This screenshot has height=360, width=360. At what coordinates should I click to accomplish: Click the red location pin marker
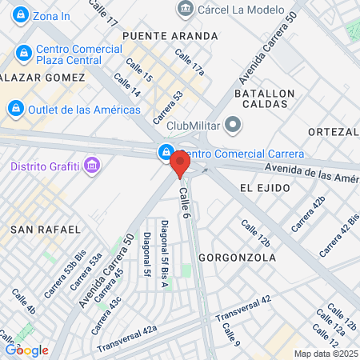coord(179,165)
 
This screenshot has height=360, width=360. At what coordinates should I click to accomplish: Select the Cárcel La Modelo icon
coord(186,9)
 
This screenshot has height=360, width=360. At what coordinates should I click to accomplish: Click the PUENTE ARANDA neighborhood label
coord(170,36)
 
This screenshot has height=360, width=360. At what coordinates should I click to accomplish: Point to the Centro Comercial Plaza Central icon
coord(23,53)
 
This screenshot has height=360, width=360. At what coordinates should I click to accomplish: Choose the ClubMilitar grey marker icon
coord(233,124)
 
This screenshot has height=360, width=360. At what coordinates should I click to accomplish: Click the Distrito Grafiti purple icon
coord(93,166)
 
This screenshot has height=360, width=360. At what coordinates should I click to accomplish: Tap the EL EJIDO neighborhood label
coord(262,186)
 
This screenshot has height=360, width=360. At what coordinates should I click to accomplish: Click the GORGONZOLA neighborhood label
coord(236,258)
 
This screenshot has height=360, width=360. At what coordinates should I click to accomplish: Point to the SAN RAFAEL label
coord(46,230)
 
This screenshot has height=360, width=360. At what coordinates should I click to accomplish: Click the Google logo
coord(26,350)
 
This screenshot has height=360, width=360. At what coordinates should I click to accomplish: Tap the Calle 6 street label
coord(186,200)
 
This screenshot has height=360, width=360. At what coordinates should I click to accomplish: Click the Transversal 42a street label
coord(127,339)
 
